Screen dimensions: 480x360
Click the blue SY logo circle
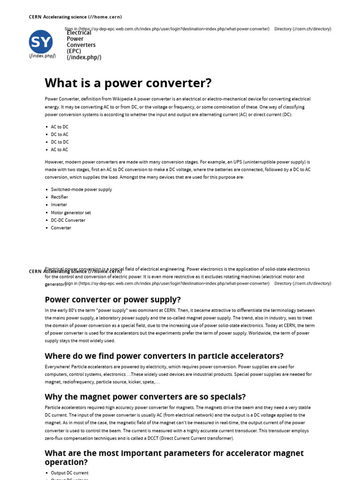[x=41, y=42]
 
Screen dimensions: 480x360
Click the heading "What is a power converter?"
[x=128, y=83]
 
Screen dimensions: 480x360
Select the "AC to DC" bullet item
[x=60, y=127]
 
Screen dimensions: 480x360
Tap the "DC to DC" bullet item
[x=60, y=142]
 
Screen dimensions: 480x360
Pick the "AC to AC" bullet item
[x=60, y=150]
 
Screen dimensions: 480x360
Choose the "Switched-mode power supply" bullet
[x=81, y=189]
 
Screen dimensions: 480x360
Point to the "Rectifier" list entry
[x=60, y=197]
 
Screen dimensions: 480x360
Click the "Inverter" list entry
[x=59, y=205]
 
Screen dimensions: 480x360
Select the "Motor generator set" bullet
[x=71, y=212]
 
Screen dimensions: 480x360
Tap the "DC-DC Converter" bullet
[x=68, y=220]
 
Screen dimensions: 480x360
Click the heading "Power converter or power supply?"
[x=112, y=300]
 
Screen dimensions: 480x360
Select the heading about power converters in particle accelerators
[x=164, y=356]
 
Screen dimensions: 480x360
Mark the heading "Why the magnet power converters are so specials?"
[x=145, y=397]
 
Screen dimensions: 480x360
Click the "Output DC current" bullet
[x=69, y=473]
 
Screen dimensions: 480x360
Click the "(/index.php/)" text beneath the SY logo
[x=42, y=56]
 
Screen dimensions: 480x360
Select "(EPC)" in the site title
[x=74, y=51]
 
